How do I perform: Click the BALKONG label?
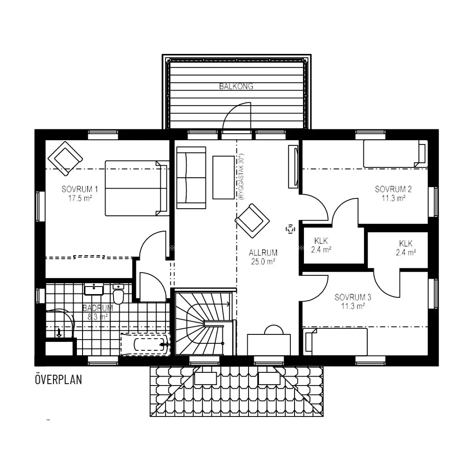[x=236, y=86]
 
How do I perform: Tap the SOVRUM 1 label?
[x=79, y=189]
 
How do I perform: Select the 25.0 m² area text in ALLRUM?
[x=262, y=262]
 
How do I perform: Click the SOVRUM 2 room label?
[x=393, y=189]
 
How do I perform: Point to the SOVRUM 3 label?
[x=353, y=297]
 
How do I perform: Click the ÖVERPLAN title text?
[x=58, y=379]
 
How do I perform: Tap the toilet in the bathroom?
[x=119, y=295]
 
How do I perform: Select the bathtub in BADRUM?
[x=145, y=344]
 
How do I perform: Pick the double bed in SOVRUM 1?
[x=136, y=188]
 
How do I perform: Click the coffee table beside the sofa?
[x=223, y=177]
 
